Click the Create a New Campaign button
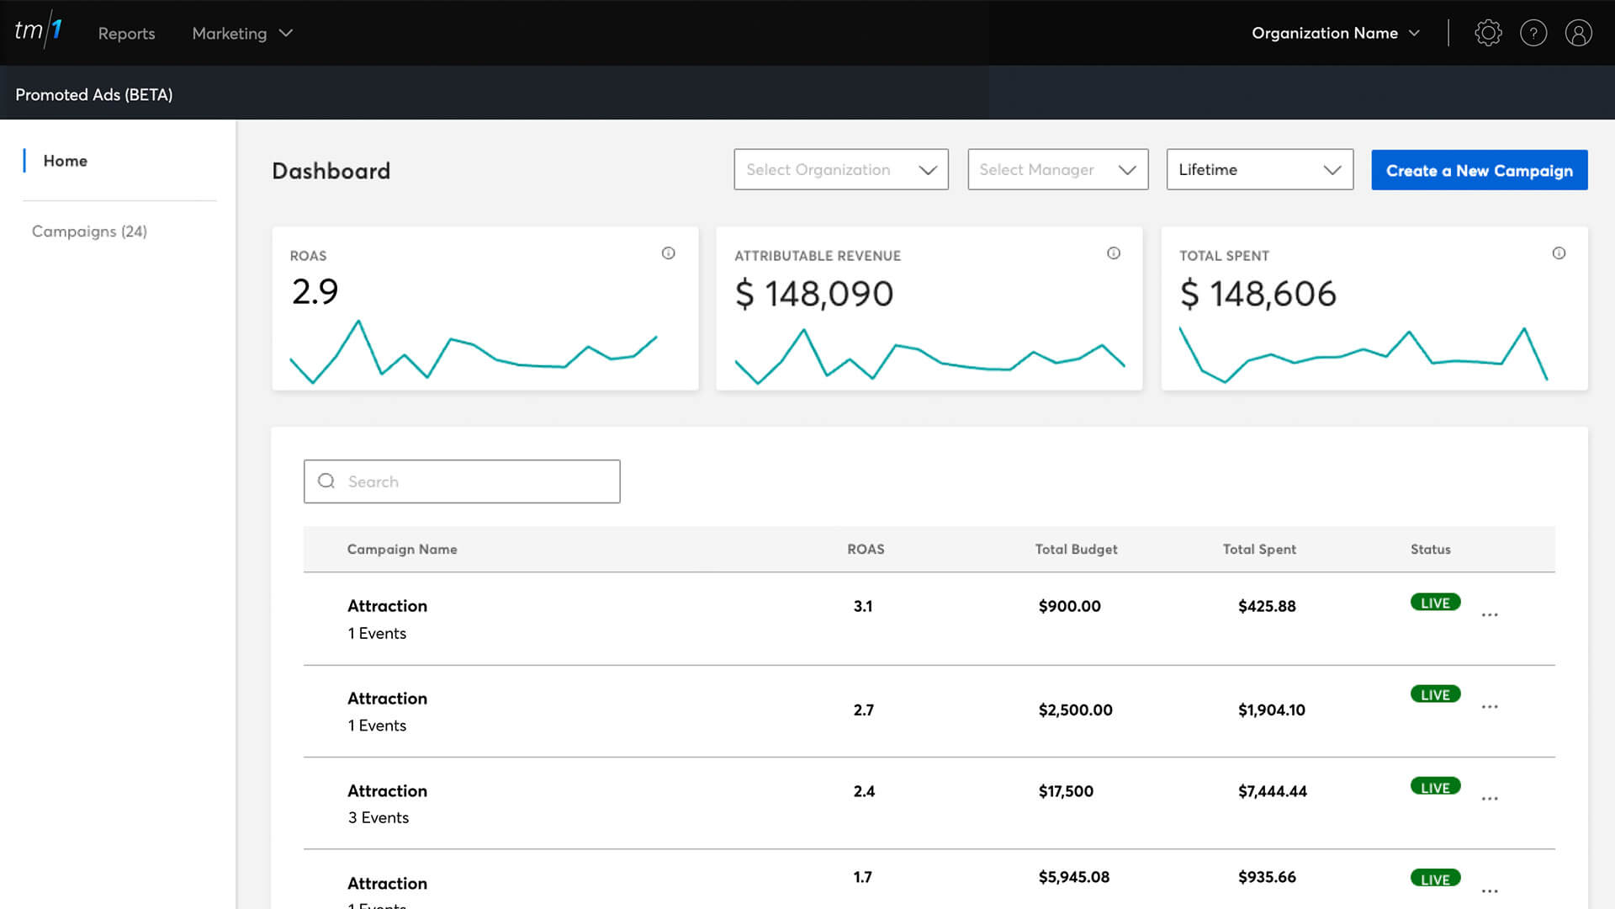click(1479, 170)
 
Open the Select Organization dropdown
click(840, 169)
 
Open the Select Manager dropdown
click(1057, 169)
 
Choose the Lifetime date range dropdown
click(1259, 169)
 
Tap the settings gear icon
click(1488, 33)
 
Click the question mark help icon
click(1533, 33)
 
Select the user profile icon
click(1578, 33)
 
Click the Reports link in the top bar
click(126, 34)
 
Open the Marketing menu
click(241, 34)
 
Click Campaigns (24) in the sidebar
click(89, 231)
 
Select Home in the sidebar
click(65, 161)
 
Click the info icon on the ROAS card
click(668, 253)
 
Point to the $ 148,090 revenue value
click(813, 294)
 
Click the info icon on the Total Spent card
click(1559, 253)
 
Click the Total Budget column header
click(1076, 550)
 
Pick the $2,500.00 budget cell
click(1075, 710)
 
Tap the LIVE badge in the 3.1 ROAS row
click(1435, 603)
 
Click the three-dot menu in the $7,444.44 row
click(1490, 799)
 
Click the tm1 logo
click(39, 31)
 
